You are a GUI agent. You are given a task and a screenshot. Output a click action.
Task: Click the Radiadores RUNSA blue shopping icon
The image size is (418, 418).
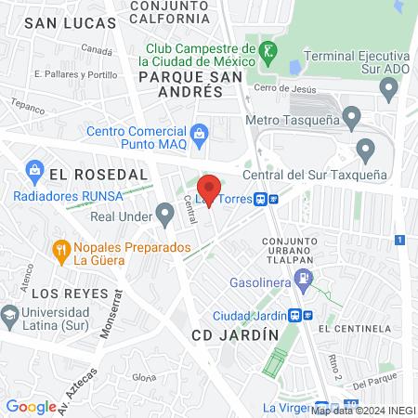[35, 170]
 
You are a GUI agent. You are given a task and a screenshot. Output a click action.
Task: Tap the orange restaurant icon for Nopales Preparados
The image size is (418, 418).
[61, 249]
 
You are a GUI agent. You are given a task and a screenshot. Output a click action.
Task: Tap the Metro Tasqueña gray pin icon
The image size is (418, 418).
[351, 118]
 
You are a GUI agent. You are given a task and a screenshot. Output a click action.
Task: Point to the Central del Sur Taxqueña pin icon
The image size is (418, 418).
[365, 150]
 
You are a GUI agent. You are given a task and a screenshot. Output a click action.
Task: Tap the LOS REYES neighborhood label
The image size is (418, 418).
[64, 294]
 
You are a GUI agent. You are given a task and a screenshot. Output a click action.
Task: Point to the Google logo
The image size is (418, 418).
[31, 407]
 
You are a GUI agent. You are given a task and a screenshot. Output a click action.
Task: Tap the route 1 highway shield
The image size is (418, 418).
[398, 240]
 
